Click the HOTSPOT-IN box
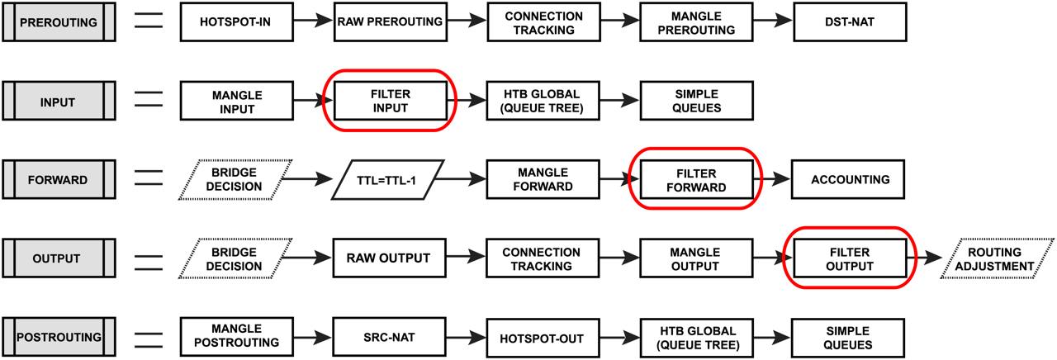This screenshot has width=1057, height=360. point(236,21)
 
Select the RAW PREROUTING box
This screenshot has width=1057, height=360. point(391,21)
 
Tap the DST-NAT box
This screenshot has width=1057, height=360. point(850,21)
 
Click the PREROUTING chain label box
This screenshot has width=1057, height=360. point(59,21)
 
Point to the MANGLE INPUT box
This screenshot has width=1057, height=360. point(236,101)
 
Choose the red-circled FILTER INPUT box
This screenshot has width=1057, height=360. point(391,101)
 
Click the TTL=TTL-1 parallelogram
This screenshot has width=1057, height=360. point(387,180)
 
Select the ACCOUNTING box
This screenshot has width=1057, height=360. point(848,179)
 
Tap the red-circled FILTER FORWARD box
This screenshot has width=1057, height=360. point(696,180)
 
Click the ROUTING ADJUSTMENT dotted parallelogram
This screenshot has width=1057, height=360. point(997,258)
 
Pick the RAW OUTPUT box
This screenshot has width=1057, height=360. point(389,258)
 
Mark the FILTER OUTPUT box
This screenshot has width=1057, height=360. point(850,258)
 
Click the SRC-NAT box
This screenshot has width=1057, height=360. point(389,338)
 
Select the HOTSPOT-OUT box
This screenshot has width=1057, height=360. point(543,338)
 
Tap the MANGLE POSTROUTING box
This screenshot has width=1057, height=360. point(236,336)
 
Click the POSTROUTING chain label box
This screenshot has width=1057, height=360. point(59,337)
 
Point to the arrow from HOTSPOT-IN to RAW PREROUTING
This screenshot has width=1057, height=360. point(313,21)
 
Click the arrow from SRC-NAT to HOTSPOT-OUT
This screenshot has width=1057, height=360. point(467,338)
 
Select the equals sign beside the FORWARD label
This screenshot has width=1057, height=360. point(149,178)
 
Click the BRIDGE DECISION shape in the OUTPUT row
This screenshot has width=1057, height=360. point(235,258)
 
